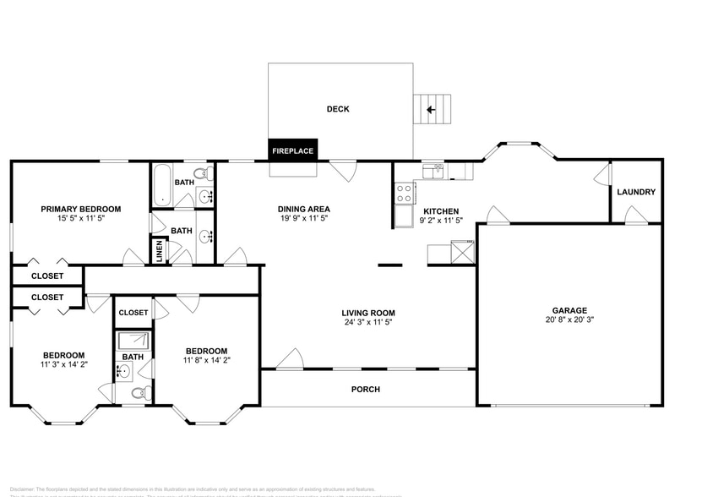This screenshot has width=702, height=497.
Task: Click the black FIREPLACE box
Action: pos(293,151)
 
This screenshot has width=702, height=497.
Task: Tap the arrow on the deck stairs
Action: pos(430,109)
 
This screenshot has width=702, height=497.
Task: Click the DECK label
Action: pos(338,109)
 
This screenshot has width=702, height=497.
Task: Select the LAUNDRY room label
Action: pos(635,192)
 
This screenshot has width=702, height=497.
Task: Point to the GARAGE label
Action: pos(570,310)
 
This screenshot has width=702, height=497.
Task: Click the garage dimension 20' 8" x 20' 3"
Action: pos(570,320)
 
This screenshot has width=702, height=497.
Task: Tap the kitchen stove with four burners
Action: pos(404,191)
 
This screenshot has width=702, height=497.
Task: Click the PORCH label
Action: pos(366,390)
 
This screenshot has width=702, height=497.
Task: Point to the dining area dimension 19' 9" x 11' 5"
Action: pos(303,220)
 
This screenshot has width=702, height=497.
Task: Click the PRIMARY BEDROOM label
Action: pos(81,209)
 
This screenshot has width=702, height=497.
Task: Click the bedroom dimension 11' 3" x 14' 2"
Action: pos(64,365)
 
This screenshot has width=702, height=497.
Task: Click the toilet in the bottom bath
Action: pos(144,392)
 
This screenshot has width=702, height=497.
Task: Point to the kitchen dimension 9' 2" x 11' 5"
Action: pos(441,221)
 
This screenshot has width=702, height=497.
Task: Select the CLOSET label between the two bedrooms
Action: pos(133,313)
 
